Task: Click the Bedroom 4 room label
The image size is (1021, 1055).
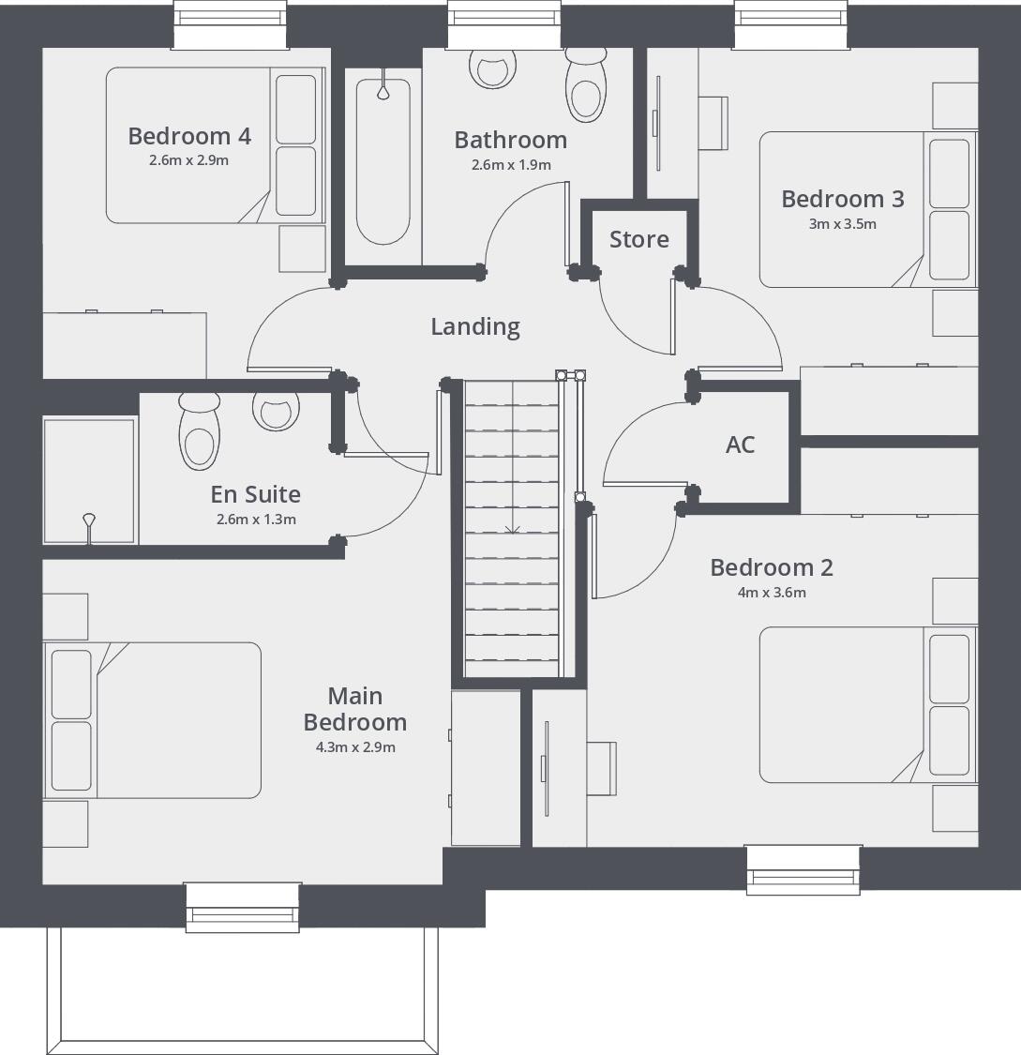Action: [189, 136]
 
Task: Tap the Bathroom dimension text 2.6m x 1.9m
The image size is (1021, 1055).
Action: [510, 165]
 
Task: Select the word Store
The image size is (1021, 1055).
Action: [639, 239]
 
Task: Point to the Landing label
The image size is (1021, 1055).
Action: [475, 326]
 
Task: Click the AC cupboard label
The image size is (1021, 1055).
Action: [740, 445]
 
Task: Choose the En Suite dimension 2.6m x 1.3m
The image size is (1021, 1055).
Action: [255, 520]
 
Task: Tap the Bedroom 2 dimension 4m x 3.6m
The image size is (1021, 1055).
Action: [772, 593]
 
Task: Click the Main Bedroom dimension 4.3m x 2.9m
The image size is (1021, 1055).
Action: [354, 747]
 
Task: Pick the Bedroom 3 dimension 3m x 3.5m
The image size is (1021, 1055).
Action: [842, 224]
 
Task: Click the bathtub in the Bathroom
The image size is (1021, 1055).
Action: [383, 159]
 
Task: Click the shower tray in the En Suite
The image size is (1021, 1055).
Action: [89, 481]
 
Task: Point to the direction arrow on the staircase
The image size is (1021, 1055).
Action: [512, 531]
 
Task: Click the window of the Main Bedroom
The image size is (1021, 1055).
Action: [243, 907]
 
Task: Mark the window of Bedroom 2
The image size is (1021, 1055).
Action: [803, 870]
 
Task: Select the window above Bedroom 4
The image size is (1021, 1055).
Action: [230, 23]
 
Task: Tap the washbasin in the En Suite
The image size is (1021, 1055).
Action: [277, 410]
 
